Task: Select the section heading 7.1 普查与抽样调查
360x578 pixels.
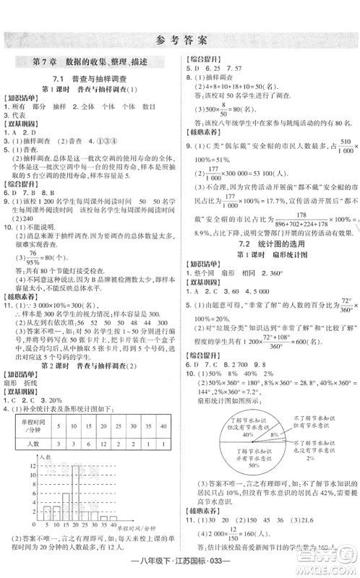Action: click(x=90, y=78)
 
